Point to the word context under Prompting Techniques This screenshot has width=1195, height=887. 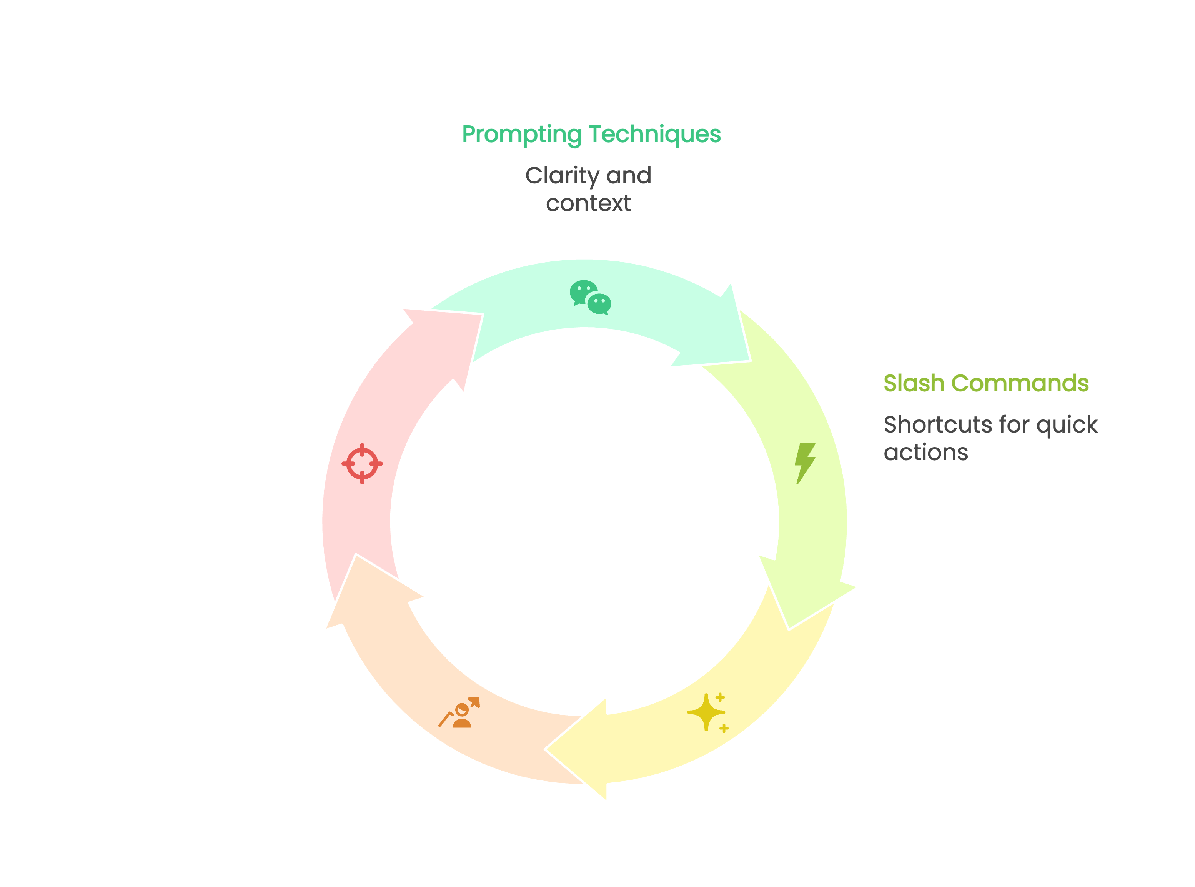click(588, 203)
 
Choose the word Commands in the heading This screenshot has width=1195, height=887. click(1020, 383)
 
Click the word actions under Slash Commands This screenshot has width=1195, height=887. click(925, 453)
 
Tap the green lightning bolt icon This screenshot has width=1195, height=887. click(805, 463)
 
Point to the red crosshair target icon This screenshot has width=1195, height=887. click(362, 463)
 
